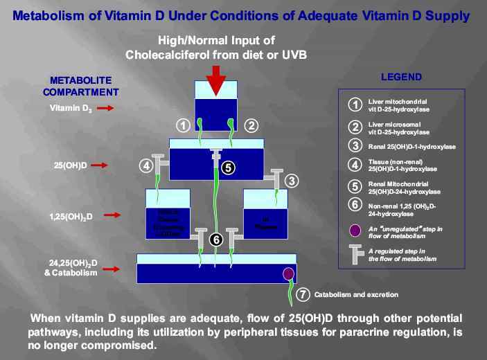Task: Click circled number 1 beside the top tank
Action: click(x=183, y=125)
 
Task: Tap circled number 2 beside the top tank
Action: click(x=251, y=125)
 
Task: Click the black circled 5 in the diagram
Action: click(x=229, y=167)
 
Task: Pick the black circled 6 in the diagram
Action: click(x=216, y=239)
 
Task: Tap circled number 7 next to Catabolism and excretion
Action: click(x=302, y=294)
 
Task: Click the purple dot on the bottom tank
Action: click(x=287, y=273)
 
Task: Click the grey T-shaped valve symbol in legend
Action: click(x=355, y=255)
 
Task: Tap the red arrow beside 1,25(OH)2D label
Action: click(x=109, y=215)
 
